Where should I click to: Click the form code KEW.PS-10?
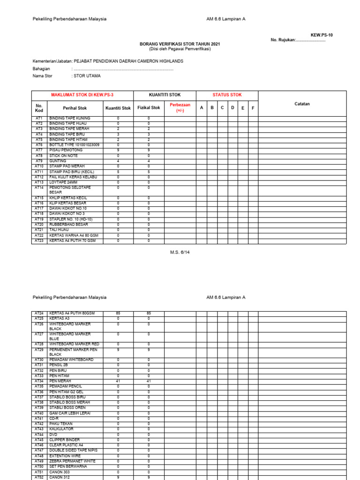pyautogui.click(x=322, y=35)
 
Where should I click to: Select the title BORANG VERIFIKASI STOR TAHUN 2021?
pyautogui.click(x=180, y=44)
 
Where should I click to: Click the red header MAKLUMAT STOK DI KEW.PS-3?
pyautogui.click(x=82, y=95)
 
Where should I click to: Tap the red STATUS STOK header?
pyautogui.click(x=227, y=95)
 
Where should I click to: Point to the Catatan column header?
pyautogui.click(x=302, y=104)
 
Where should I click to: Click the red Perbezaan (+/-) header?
pyautogui.click(x=180, y=108)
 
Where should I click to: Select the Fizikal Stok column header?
pyautogui.click(x=149, y=108)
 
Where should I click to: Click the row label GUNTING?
pyautogui.click(x=58, y=161)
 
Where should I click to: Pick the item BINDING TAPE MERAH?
pyautogui.click(x=69, y=129)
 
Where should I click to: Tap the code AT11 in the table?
pyautogui.click(x=39, y=172)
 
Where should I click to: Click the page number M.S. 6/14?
pyautogui.click(x=180, y=252)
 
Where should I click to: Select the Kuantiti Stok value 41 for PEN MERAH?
pyautogui.click(x=118, y=381)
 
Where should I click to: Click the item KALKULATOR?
pyautogui.click(x=61, y=429)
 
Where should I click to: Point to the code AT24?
pyautogui.click(x=39, y=313)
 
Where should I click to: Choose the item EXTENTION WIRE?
pyautogui.click(x=65, y=456)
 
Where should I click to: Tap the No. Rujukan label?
pyautogui.click(x=283, y=40)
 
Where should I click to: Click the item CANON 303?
pyautogui.click(x=60, y=472)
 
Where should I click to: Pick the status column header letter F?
pyautogui.click(x=253, y=108)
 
